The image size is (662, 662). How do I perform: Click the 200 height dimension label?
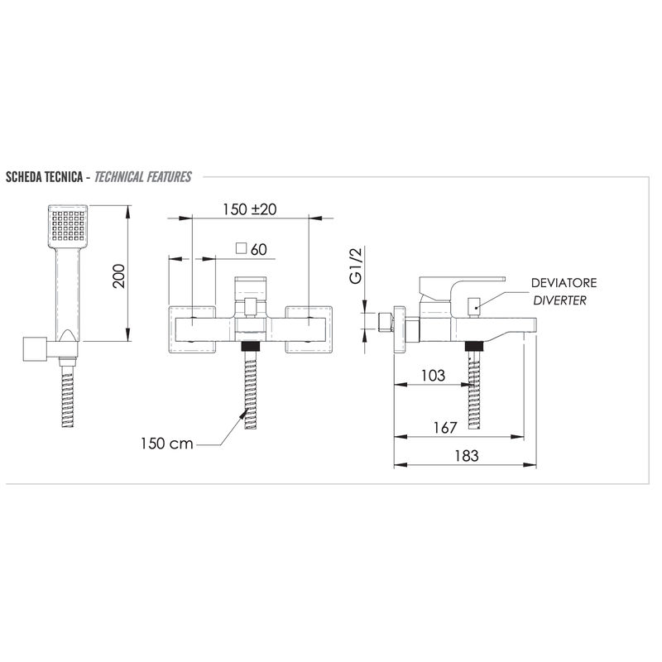pyautogui.click(x=119, y=276)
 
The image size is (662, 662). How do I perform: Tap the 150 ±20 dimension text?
pyautogui.click(x=250, y=209)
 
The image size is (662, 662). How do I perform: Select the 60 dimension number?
pyautogui.click(x=259, y=250)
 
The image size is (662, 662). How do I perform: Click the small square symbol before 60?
pyautogui.click(x=241, y=248)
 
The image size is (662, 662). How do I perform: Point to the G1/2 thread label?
pyautogui.click(x=357, y=266)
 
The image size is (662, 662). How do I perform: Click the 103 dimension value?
pyautogui.click(x=433, y=376)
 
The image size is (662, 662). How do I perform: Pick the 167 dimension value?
pyautogui.click(x=445, y=428)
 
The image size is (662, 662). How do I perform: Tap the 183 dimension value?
pyautogui.click(x=467, y=456)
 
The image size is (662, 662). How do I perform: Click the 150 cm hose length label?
pyautogui.click(x=167, y=444)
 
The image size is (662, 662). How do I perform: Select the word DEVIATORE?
pyautogui.click(x=564, y=283)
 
